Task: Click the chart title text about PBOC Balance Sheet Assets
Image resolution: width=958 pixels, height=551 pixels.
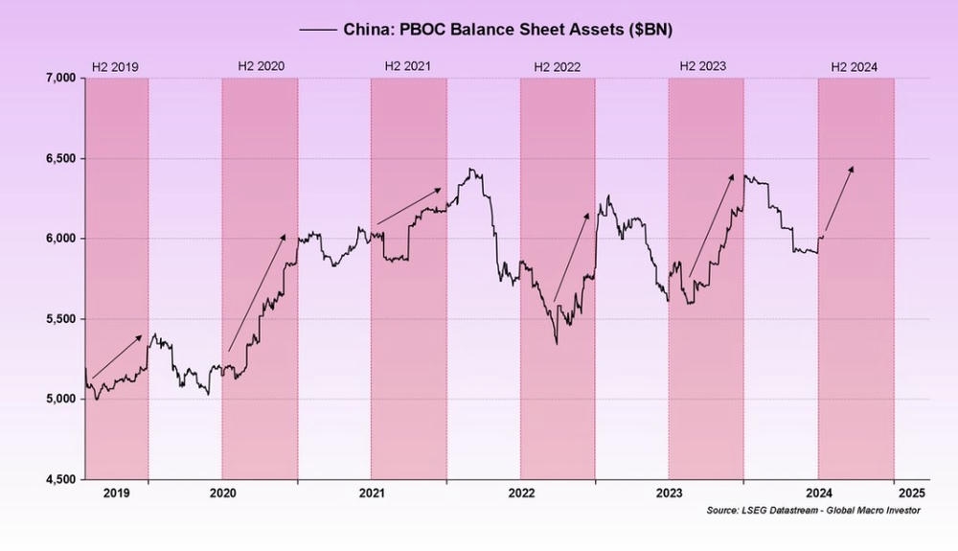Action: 508,30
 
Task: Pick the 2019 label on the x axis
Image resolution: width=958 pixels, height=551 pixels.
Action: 116,493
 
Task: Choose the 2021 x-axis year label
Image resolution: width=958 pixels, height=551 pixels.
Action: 372,493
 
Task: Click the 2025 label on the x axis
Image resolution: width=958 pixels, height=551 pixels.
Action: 910,493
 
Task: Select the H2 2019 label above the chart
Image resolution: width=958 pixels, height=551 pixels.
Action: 115,67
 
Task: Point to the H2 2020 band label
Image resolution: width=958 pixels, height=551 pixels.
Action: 261,67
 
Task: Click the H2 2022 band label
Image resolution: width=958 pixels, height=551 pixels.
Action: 558,67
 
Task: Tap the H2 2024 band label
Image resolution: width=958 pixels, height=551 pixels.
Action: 854,67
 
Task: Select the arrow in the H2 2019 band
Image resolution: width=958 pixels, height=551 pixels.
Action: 116,356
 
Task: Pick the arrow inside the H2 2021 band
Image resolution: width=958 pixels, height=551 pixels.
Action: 409,206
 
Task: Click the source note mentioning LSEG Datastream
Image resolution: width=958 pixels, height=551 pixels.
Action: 812,511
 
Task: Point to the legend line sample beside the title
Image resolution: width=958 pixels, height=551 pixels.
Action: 317,30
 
